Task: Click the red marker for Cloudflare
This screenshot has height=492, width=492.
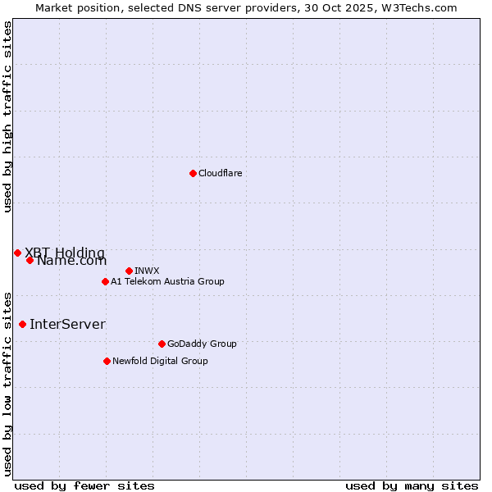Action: [x=193, y=173]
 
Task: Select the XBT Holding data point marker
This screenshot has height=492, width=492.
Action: [x=17, y=253]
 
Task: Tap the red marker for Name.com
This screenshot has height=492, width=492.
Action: [x=30, y=260]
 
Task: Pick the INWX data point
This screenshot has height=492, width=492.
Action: [x=129, y=271]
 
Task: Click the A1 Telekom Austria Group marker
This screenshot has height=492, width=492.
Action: [x=105, y=281]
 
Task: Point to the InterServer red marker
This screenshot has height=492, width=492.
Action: [x=22, y=324]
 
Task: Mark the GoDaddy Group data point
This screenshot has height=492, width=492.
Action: [x=162, y=344]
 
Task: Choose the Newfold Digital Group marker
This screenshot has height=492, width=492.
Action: [x=107, y=361]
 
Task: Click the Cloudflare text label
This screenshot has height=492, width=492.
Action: [x=220, y=173]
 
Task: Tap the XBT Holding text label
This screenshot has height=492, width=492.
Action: [x=65, y=253]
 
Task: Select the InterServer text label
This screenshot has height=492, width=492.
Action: [x=67, y=324]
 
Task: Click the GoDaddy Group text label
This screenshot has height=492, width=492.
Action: [x=202, y=344]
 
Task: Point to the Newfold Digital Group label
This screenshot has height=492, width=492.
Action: [x=160, y=361]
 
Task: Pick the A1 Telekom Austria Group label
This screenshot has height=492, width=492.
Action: [x=167, y=281]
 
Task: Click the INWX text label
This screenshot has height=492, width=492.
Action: [x=147, y=271]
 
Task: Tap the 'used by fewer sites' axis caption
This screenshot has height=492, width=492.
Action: [x=84, y=485]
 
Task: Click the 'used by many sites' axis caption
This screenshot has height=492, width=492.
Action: [x=412, y=485]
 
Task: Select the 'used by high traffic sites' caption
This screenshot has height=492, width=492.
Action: [x=7, y=116]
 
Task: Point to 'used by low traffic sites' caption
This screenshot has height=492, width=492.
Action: [x=7, y=383]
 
